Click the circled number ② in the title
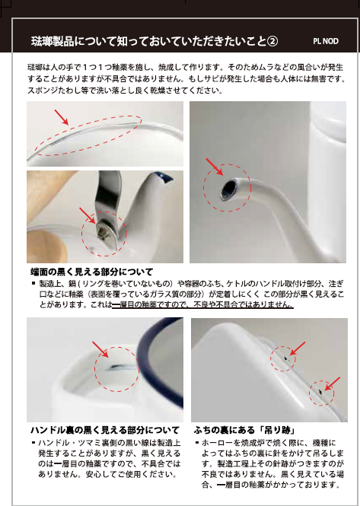(x=272, y=41)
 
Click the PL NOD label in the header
(x=326, y=41)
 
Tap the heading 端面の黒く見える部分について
(x=91, y=272)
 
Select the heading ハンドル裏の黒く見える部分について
(x=105, y=430)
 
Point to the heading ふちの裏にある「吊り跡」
(x=244, y=430)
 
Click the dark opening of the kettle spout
(x=230, y=189)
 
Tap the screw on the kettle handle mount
(x=102, y=231)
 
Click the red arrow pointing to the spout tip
(x=215, y=167)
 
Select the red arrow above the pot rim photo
(x=62, y=117)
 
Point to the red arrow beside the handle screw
(x=88, y=215)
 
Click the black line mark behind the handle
(x=116, y=367)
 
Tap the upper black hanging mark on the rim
(x=286, y=358)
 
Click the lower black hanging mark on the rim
(x=320, y=392)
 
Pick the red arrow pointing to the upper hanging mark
(x=298, y=348)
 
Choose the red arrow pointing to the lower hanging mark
(x=333, y=383)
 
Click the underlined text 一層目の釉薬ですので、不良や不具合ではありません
(x=202, y=304)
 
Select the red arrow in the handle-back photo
(x=100, y=349)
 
